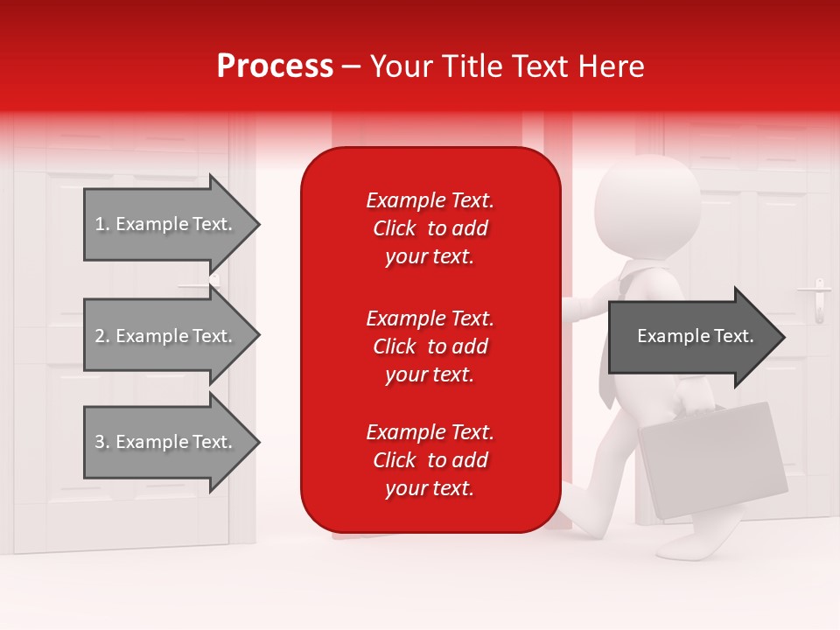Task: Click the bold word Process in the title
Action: [x=275, y=66]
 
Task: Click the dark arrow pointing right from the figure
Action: [x=691, y=337]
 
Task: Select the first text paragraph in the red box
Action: [x=430, y=228]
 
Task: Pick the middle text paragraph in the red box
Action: [x=430, y=346]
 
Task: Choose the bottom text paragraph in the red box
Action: [x=430, y=460]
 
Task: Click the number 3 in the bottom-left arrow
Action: [x=100, y=442]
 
